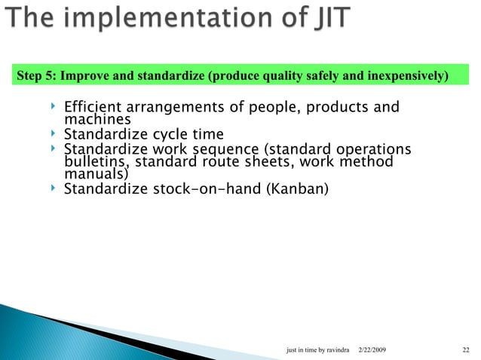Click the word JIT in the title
(x=325, y=18)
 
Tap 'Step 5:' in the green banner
(x=36, y=76)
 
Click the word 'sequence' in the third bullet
(x=223, y=150)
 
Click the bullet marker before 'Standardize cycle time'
(x=53, y=134)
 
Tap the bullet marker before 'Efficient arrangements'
(x=53, y=107)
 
